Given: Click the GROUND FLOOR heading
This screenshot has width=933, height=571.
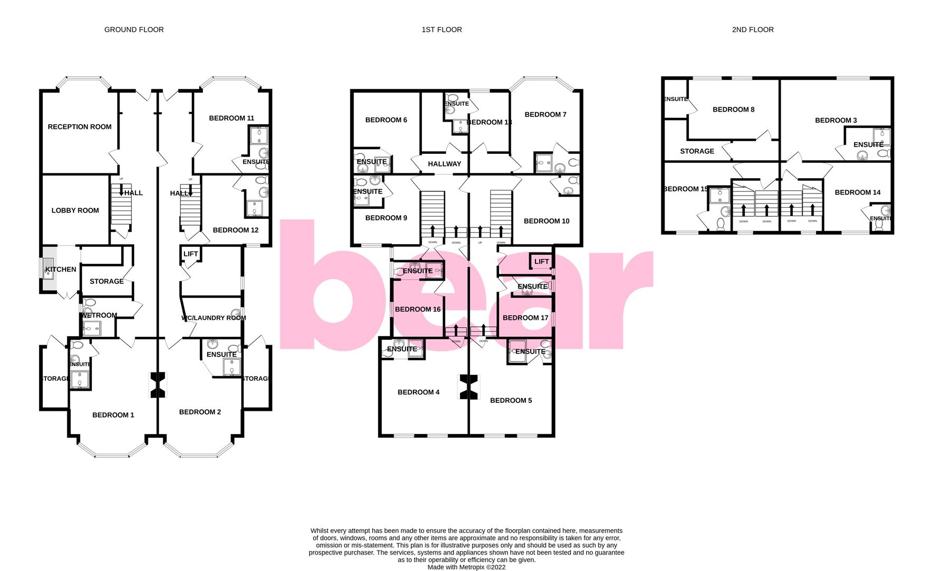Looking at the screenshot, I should [134, 30].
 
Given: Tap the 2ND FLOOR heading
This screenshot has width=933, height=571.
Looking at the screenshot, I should [752, 30].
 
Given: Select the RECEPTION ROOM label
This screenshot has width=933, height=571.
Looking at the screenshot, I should [79, 127].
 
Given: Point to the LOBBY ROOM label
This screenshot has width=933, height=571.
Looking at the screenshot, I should [75, 210].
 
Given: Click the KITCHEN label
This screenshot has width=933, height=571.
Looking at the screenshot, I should [61, 270].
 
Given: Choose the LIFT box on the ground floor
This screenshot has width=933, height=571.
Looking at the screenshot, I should [190, 254].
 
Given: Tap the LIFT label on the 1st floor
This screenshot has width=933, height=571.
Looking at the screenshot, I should [541, 262].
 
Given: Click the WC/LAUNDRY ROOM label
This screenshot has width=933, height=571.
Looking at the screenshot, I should [214, 318].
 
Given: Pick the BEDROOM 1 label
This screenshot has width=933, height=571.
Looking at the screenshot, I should [113, 415].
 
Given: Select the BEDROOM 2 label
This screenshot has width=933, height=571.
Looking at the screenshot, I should [200, 412].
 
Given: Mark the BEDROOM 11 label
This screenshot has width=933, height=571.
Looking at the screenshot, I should [231, 118].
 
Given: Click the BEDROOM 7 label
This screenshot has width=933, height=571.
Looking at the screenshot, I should [545, 115].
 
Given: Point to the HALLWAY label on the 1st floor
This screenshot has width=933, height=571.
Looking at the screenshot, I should [444, 164].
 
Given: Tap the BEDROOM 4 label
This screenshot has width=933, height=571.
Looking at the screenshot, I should [418, 392].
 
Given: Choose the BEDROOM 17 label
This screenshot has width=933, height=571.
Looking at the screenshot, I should [525, 318].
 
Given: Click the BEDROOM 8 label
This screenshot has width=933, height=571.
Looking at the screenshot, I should [733, 110].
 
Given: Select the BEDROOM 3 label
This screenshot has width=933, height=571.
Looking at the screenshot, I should [836, 121].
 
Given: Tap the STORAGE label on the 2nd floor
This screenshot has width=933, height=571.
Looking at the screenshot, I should [697, 151].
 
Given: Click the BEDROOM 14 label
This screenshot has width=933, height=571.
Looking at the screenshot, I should [857, 192].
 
